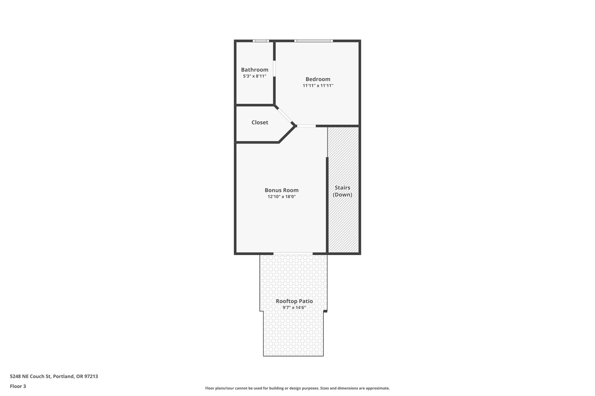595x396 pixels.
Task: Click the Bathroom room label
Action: [255, 70]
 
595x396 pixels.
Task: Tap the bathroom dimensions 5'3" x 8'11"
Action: [255, 76]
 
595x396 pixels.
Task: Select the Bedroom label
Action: [318, 79]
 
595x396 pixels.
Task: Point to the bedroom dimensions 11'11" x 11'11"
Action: [318, 86]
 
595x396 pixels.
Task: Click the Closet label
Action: [260, 122]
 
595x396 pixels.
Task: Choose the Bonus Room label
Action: [282, 190]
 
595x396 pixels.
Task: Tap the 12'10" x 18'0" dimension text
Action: [282, 197]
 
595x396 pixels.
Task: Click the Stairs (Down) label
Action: [343, 191]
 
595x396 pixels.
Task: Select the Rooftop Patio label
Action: [294, 301]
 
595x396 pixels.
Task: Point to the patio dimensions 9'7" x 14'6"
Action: [294, 308]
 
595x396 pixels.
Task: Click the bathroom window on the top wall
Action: [261, 41]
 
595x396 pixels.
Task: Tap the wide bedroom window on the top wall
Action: [313, 41]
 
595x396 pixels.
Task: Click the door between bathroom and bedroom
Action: [274, 68]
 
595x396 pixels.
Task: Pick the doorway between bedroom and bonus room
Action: [306, 126]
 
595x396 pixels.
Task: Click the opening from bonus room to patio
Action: [293, 254]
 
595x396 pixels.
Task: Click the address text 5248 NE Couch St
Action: [54, 377]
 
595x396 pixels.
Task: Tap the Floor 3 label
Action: [18, 386]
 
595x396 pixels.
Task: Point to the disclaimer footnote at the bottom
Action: [297, 388]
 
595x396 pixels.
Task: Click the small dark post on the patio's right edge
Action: [325, 311]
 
